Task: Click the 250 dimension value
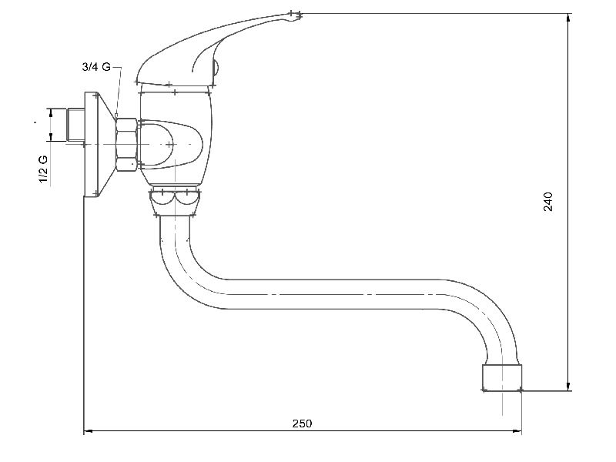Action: (x=302, y=423)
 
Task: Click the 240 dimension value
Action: (x=548, y=202)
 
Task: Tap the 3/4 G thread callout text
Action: (x=96, y=67)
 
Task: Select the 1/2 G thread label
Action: (x=43, y=169)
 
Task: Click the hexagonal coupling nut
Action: (x=126, y=145)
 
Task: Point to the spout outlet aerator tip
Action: (x=502, y=377)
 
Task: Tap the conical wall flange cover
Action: (x=99, y=144)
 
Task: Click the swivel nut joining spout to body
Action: (x=175, y=202)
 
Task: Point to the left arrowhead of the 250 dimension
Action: (x=89, y=431)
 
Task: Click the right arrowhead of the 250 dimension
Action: (x=517, y=431)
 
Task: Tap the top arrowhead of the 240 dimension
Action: (x=568, y=18)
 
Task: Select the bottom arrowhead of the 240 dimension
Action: (x=568, y=386)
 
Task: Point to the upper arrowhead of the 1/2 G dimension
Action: (x=51, y=112)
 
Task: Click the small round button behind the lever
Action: (x=216, y=67)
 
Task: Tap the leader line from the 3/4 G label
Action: (x=118, y=89)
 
